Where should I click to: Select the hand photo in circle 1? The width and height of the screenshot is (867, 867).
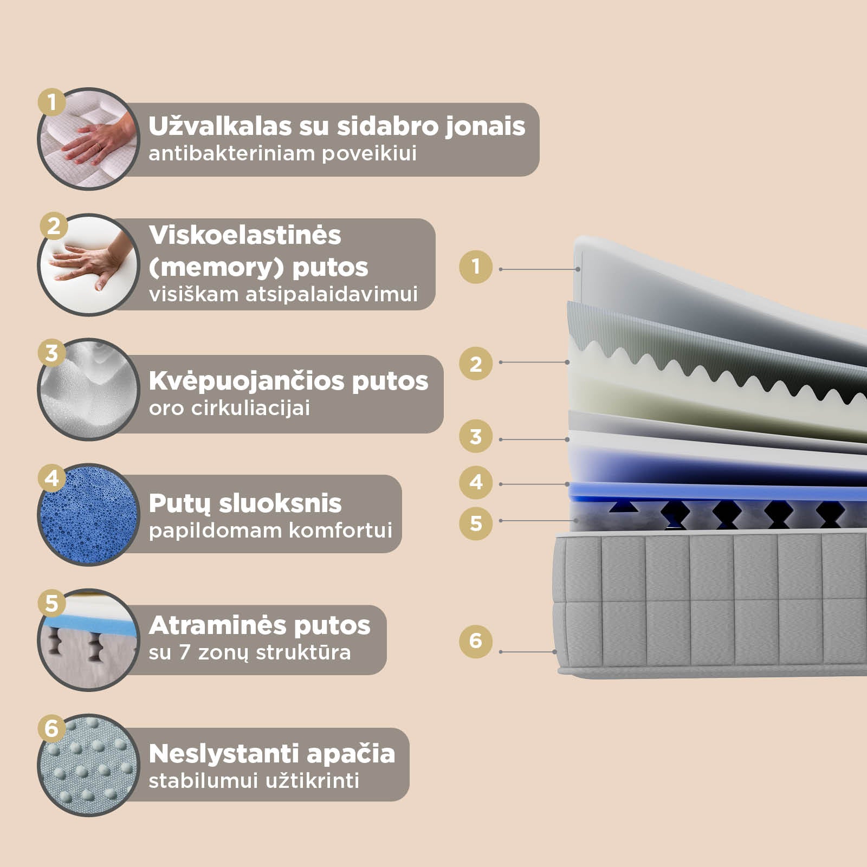click(x=88, y=139)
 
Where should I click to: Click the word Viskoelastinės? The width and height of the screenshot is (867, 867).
click(x=245, y=235)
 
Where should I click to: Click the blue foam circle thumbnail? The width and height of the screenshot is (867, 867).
click(x=88, y=515)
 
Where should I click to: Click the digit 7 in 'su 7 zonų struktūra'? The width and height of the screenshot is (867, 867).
click(x=184, y=652)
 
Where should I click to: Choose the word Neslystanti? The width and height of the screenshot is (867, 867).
click(x=224, y=754)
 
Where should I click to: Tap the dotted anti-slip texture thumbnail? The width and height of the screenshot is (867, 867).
click(x=88, y=765)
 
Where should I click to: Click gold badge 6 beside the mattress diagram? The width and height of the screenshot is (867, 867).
click(x=476, y=641)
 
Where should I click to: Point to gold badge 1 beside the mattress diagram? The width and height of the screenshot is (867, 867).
click(x=476, y=267)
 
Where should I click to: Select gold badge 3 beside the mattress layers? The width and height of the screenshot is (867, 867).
click(x=476, y=436)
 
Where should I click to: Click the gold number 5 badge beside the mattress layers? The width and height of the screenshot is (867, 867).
click(x=476, y=523)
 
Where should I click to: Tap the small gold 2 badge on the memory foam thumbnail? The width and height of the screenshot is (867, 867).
click(x=54, y=226)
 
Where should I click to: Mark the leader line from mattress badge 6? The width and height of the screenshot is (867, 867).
click(x=528, y=652)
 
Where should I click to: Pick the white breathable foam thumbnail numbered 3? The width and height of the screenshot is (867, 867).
click(x=88, y=389)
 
